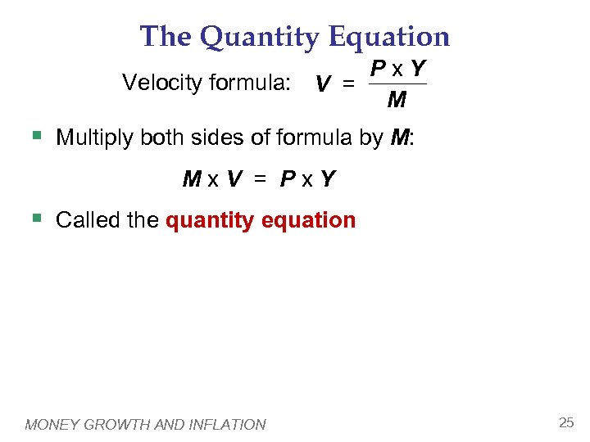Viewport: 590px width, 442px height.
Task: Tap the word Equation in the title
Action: pyautogui.click(x=389, y=37)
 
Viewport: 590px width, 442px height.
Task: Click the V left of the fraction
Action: pyautogui.click(x=324, y=84)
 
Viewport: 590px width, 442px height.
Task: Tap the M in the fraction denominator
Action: pyautogui.click(x=397, y=101)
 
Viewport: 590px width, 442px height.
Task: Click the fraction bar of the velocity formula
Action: pyautogui.click(x=397, y=83)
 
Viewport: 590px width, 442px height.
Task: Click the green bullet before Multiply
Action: pyautogui.click(x=34, y=136)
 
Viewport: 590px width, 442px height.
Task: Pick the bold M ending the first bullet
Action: pyautogui.click(x=399, y=138)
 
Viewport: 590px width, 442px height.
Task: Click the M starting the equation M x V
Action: pyautogui.click(x=192, y=178)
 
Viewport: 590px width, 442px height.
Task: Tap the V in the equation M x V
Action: pyautogui.click(x=234, y=178)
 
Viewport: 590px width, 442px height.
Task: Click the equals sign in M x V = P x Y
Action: pyautogui.click(x=261, y=178)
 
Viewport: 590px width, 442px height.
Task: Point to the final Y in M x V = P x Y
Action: pyautogui.click(x=327, y=178)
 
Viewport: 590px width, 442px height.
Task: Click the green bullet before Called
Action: pyautogui.click(x=34, y=219)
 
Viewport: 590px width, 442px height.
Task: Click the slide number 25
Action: pyautogui.click(x=565, y=422)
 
